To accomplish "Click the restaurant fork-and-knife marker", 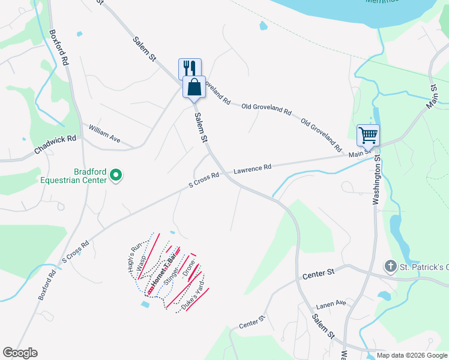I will (x=190, y=68).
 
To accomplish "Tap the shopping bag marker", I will (x=194, y=88).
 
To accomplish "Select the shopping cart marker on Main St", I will (x=367, y=136).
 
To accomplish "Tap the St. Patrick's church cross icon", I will (x=390, y=266).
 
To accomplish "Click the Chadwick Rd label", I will (x=55, y=145).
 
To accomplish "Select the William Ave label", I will (x=104, y=134).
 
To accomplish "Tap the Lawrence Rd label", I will (x=252, y=169).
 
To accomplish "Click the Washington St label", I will (x=377, y=181).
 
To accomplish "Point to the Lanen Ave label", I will (x=331, y=304).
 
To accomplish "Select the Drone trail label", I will (x=189, y=269).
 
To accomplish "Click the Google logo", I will (x=20, y=353).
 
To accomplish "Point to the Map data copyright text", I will (x=411, y=355).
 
